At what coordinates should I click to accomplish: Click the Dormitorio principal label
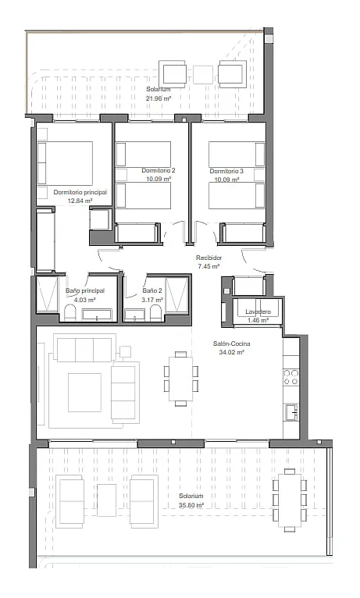coord(80,192)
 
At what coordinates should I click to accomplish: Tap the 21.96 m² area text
coord(159,98)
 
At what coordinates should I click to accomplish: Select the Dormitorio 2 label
coord(159,170)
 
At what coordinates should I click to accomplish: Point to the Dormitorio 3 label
coord(226,171)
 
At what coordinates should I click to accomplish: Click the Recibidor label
coord(209,258)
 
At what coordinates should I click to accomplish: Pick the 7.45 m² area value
coord(209,266)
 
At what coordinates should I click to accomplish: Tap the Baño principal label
coord(84,291)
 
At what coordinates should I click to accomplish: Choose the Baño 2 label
coord(152,291)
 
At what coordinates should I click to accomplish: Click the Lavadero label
coord(258,312)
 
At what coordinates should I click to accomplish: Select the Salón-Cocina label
coord(231,343)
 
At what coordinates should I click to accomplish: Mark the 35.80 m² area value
coord(191,505)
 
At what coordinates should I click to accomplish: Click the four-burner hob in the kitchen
coord(291,377)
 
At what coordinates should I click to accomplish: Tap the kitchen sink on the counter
coord(291,413)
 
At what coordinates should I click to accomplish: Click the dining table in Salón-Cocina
coord(180,379)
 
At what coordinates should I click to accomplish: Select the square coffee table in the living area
coord(84,393)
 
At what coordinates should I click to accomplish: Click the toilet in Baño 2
coord(156,313)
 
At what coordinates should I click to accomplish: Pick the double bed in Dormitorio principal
coord(65,164)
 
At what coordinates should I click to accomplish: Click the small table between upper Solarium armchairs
coord(203,75)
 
